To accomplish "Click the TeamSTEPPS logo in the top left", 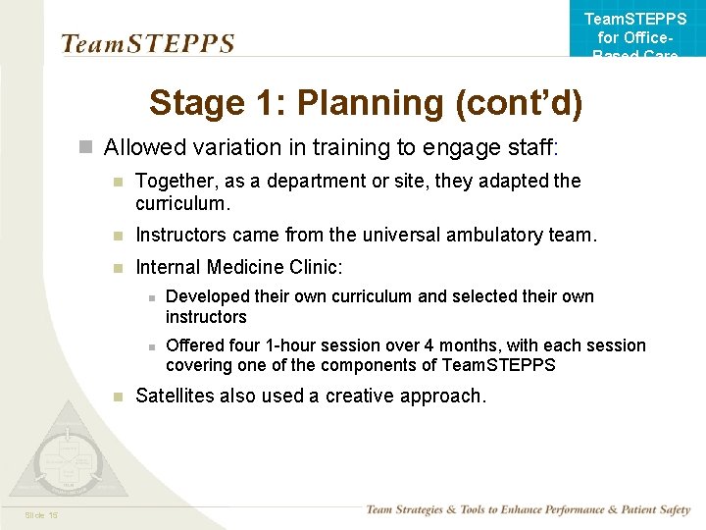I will coord(148,44).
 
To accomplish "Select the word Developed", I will coord(209,296).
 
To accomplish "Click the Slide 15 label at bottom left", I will coord(41,515).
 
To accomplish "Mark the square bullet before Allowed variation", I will coord(85,148).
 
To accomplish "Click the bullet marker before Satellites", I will coord(117,397).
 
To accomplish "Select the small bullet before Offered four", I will coord(150,346).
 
